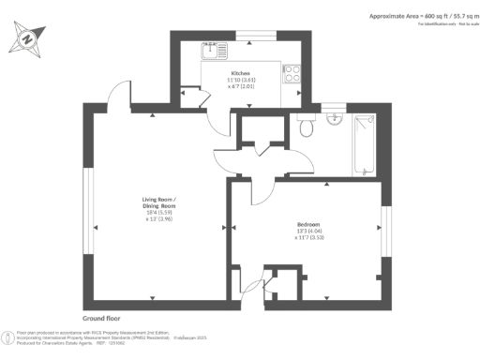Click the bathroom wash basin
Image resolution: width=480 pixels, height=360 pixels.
click(x=335, y=118)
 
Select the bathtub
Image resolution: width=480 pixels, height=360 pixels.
click(x=363, y=146)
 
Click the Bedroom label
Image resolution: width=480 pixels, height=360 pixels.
click(x=308, y=225)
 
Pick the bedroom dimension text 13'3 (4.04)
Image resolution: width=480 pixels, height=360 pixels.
click(x=308, y=232)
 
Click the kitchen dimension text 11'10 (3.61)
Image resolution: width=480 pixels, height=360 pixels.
click(x=243, y=80)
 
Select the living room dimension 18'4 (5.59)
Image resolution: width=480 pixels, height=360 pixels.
click(x=157, y=212)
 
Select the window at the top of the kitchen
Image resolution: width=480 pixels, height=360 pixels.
click(x=249, y=36)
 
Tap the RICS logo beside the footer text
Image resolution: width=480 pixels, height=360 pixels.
click(x=7, y=335)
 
